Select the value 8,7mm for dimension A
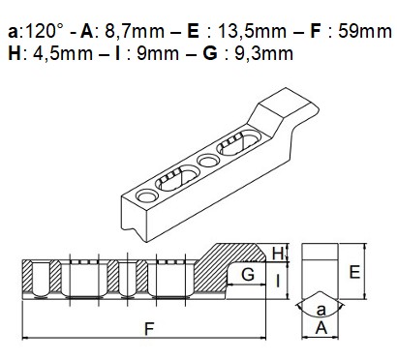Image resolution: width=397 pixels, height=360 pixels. point(135,32)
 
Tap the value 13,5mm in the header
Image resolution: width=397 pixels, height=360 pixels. point(252,32)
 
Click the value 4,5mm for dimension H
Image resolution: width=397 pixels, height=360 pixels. point(63,54)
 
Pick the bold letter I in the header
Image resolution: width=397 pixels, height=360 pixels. point(117,53)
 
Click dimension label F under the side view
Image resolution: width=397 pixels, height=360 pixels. point(149,329)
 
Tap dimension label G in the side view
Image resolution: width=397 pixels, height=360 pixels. point(248,275)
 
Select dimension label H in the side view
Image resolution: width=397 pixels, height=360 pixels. point(278,254)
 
